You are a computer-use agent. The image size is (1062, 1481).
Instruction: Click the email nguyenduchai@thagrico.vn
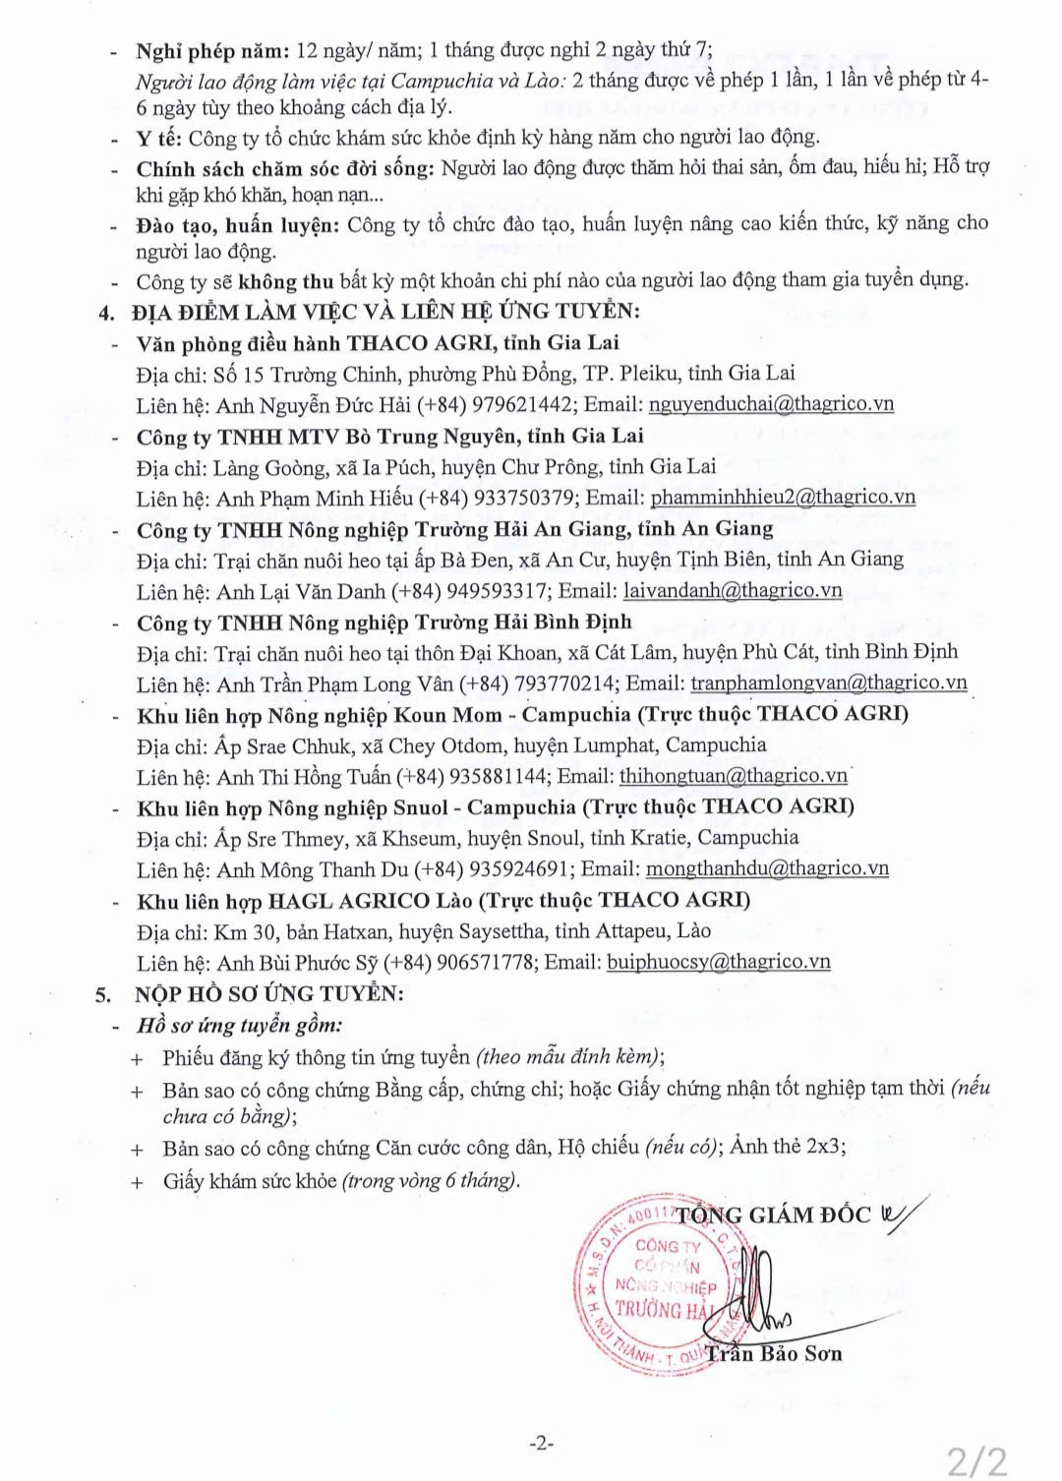(x=771, y=404)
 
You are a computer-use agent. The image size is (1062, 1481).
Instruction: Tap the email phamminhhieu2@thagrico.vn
(x=783, y=498)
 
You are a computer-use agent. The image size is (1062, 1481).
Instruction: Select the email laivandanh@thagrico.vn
(x=733, y=591)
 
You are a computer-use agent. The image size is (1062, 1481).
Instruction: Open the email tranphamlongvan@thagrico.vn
(x=828, y=683)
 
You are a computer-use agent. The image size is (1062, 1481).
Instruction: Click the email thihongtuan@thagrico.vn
(x=733, y=776)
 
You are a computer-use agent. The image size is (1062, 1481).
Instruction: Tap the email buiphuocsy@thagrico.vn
(x=718, y=963)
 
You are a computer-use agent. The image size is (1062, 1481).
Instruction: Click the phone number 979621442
(x=521, y=404)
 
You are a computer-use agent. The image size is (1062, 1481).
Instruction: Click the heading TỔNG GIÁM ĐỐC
(x=773, y=1215)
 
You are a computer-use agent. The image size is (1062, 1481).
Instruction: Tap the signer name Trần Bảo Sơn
(x=773, y=1354)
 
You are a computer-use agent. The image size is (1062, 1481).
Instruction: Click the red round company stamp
(x=654, y=1283)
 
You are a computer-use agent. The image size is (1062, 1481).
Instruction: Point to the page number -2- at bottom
(x=541, y=1444)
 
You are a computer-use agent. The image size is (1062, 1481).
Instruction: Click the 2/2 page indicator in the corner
(x=976, y=1460)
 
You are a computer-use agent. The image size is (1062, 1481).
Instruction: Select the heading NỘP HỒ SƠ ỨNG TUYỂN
(x=268, y=994)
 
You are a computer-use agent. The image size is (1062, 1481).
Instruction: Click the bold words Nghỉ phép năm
(x=212, y=51)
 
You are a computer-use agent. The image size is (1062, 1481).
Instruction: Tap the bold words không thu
(x=286, y=281)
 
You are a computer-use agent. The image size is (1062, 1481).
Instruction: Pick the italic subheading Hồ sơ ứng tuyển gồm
(x=240, y=1026)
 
